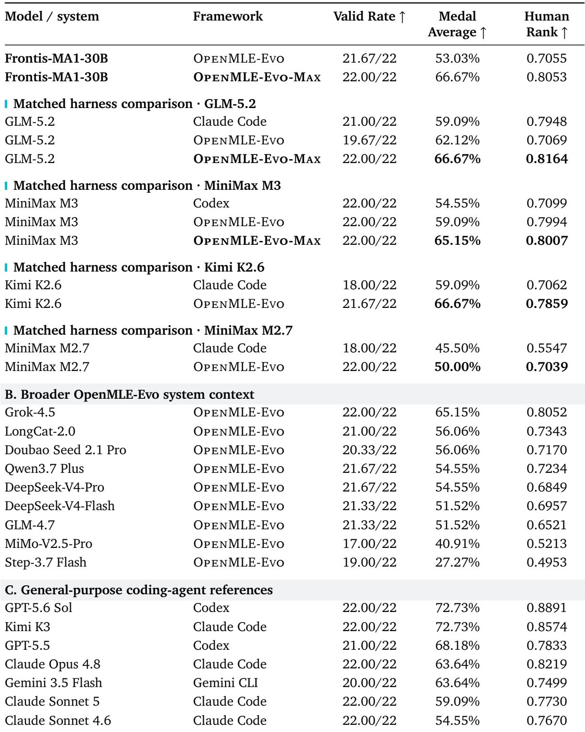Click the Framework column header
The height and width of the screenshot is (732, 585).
(228, 16)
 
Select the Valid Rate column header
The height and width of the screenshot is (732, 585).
(369, 16)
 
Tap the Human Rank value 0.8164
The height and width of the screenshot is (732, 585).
(547, 159)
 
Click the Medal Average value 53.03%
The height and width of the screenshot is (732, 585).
(457, 58)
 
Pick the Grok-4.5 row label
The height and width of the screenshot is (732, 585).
(30, 412)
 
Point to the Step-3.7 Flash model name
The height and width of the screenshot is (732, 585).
(45, 562)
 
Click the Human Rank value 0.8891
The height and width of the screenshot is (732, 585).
(547, 608)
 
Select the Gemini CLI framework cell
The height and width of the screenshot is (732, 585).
(225, 683)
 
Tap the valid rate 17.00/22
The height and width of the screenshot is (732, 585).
(369, 544)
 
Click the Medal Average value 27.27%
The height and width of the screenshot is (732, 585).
(457, 562)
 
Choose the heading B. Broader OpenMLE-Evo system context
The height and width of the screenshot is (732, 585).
(129, 394)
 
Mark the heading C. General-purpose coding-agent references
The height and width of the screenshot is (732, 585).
(139, 590)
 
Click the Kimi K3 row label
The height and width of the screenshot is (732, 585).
(28, 626)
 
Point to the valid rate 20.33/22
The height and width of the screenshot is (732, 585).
(369, 450)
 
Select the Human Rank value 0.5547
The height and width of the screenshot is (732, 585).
(547, 348)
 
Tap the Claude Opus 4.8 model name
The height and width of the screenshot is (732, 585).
(53, 664)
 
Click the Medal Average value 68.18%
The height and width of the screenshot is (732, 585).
(457, 645)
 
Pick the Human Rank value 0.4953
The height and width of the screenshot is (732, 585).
(547, 562)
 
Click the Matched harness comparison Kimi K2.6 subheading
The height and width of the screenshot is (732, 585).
(139, 267)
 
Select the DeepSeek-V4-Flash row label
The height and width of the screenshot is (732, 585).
(60, 506)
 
